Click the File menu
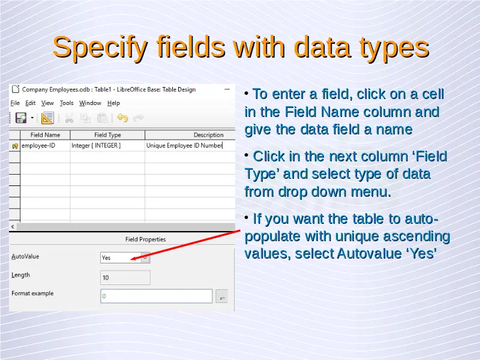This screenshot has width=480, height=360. pos(15,103)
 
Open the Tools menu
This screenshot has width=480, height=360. pos(67,103)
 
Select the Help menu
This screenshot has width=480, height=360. pos(113,103)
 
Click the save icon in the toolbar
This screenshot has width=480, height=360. pos(21,118)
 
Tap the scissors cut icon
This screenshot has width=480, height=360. pos(69,118)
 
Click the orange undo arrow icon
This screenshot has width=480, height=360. pos(122,118)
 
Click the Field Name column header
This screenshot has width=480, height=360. pos(46,135)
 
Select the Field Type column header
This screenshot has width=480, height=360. pos(107,135)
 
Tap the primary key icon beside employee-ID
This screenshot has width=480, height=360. pos(15,146)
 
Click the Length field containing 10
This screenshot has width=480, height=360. pos(125,278)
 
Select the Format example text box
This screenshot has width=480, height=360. pos(157,296)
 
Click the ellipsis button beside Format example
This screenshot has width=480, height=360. pos(221,296)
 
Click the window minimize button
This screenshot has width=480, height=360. pos(227,89)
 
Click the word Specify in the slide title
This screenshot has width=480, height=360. pos(100,48)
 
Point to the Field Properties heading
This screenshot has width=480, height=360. pos(145,239)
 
